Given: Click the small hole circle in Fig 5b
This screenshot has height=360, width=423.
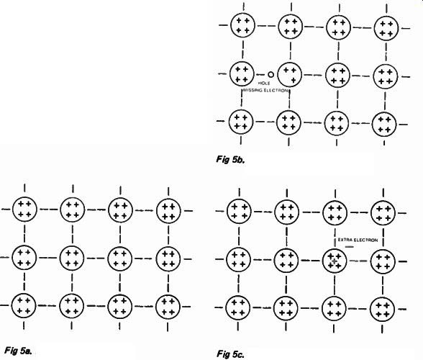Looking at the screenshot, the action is (x=270, y=75).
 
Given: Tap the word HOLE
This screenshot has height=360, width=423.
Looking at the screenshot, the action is (x=264, y=84).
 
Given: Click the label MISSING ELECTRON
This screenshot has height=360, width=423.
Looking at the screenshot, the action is (x=265, y=90).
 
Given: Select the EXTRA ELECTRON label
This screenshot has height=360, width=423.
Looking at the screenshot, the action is (x=358, y=240).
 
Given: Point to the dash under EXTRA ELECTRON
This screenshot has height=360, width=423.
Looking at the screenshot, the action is (x=350, y=246).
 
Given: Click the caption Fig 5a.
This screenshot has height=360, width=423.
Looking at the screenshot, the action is (x=19, y=351).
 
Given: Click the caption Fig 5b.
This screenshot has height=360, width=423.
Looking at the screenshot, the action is (x=230, y=160).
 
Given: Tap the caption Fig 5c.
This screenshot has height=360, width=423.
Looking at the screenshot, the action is (x=230, y=354).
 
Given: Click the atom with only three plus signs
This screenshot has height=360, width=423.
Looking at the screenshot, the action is (x=289, y=75).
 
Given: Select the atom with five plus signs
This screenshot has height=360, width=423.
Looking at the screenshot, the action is (x=335, y=261).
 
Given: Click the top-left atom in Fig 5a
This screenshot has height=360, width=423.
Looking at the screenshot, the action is (x=24, y=210).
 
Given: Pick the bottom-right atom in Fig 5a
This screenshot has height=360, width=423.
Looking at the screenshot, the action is (x=168, y=307).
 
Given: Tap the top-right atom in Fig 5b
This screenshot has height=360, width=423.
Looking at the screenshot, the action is (x=386, y=28).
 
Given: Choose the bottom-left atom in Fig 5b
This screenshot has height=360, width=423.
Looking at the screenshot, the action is (x=241, y=122).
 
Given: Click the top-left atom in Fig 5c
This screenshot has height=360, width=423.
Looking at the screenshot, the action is (x=239, y=211).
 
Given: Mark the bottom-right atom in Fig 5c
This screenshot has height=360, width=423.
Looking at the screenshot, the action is (x=382, y=310).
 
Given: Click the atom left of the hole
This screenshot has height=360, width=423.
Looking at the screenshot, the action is (x=242, y=73).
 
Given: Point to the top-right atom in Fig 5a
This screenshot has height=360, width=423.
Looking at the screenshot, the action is (x=168, y=211).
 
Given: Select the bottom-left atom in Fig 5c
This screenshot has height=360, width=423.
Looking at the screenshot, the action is (x=238, y=308).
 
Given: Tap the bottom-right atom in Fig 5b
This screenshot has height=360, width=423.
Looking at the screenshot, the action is (x=384, y=125).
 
